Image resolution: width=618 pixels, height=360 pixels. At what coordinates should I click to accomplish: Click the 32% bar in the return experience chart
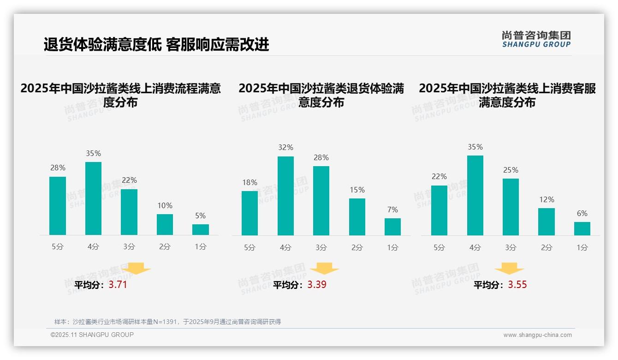[x=285, y=196]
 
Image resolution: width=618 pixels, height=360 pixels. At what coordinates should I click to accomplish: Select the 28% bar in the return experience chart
[x=321, y=201]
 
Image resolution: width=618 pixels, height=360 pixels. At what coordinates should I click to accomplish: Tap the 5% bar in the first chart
[x=201, y=229]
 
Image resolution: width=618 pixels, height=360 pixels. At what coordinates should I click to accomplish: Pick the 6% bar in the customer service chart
[x=582, y=228]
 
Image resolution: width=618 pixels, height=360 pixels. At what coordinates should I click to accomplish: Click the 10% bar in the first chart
[x=165, y=224]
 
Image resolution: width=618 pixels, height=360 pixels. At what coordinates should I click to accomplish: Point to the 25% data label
[x=511, y=170]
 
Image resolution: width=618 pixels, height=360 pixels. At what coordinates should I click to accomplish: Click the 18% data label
[x=250, y=182]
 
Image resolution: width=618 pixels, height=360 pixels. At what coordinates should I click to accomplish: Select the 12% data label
[x=547, y=199]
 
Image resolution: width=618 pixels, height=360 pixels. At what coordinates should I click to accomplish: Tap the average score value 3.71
[x=118, y=285]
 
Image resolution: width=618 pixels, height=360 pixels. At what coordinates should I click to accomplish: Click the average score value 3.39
[x=317, y=285]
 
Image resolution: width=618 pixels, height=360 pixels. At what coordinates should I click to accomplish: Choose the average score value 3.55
[x=517, y=285]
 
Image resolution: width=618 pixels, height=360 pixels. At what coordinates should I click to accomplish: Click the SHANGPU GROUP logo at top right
[x=536, y=39]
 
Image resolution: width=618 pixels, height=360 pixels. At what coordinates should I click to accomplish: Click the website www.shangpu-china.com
[x=537, y=335]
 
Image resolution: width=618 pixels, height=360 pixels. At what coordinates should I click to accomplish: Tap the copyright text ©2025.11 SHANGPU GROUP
[x=92, y=335]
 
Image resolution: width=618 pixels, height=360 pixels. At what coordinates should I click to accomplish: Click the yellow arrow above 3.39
[x=324, y=268]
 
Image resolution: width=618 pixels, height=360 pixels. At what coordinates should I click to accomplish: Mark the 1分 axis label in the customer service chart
[x=582, y=247]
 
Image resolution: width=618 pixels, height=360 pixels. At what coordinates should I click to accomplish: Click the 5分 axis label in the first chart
[x=58, y=247]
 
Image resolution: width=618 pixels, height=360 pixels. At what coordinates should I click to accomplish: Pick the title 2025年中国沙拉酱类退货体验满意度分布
[x=321, y=95]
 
